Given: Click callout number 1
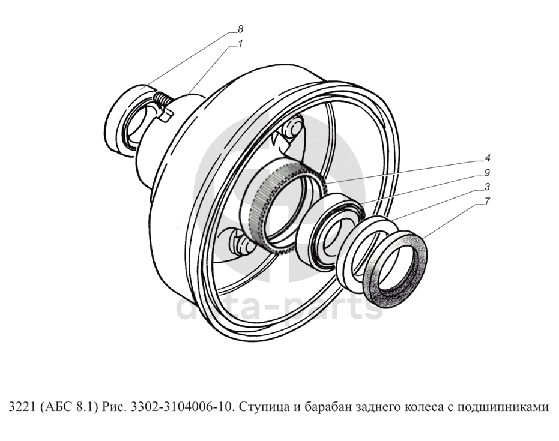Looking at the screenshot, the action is [240, 44].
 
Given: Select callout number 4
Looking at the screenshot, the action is [487, 158].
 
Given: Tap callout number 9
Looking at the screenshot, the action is [487, 172].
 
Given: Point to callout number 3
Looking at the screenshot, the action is [487, 187].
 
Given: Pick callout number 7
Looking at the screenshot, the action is [487, 201].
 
